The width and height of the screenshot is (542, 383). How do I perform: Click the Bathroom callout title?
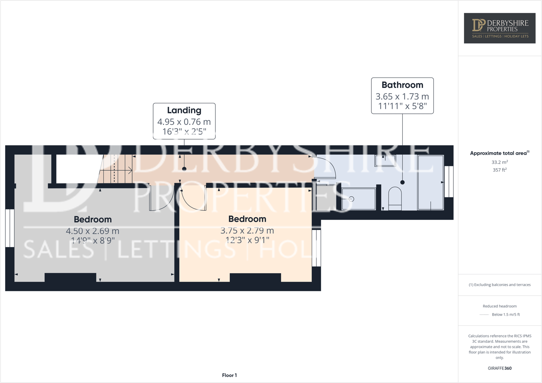pyautogui.click(x=402, y=85)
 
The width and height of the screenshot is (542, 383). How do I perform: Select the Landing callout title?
pyautogui.click(x=184, y=110)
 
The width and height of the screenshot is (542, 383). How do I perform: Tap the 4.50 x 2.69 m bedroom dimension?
pyautogui.click(x=92, y=231)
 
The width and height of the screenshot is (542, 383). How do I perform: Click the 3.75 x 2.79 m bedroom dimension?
pyautogui.click(x=247, y=231)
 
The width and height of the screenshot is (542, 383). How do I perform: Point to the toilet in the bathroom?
pyautogui.click(x=395, y=199)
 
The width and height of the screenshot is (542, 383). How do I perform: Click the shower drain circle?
pyautogui.click(x=351, y=199)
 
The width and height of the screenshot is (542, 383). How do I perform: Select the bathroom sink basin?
pyautogui.click(x=385, y=161)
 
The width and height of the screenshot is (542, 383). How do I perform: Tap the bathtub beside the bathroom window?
pyautogui.click(x=431, y=182)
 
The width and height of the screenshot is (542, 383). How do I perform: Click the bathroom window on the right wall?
pyautogui.click(x=448, y=182)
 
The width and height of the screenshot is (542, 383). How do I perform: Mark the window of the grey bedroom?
pyautogui.click(x=10, y=228)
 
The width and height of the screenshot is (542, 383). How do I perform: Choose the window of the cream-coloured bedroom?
pyautogui.click(x=316, y=248)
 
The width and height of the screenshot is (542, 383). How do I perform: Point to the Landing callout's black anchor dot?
pyautogui.click(x=184, y=169)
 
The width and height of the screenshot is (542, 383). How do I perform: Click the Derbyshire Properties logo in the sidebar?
pyautogui.click(x=500, y=28)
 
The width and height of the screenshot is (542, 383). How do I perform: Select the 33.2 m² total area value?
pyautogui.click(x=500, y=162)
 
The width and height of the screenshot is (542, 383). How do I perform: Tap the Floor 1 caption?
pyautogui.click(x=229, y=375)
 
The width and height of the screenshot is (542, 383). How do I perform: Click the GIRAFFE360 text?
pyautogui.click(x=500, y=368)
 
